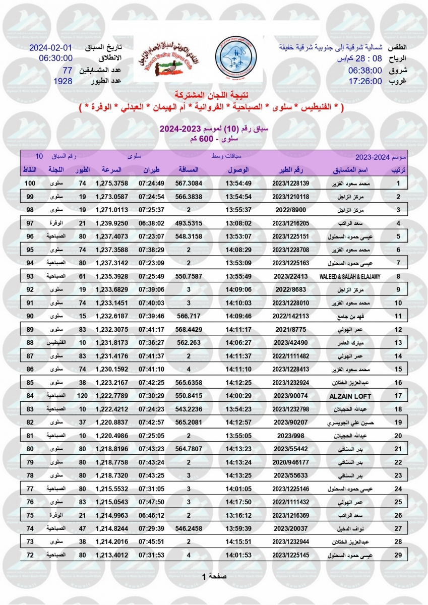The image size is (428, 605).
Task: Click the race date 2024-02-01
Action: tap(51, 48)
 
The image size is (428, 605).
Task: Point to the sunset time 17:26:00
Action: tap(365, 81)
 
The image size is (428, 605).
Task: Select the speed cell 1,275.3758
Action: tap(111, 183)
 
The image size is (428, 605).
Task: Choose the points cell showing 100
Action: tap(30, 183)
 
